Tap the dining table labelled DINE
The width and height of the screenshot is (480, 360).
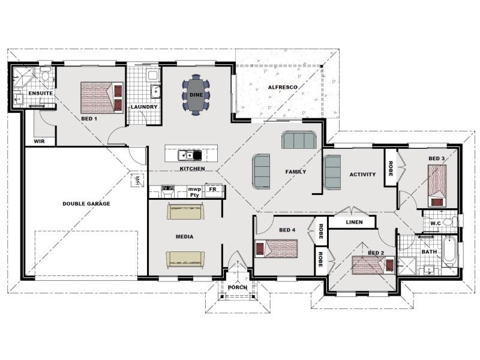pos(196,95)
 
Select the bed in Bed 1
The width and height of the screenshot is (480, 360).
pos(102,97)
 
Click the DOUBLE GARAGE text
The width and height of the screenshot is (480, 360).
pos(86,203)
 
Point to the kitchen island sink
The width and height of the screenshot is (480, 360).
pos(187,155)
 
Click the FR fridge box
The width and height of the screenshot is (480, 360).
pos(213,190)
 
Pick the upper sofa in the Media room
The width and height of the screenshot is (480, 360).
pos(186,212)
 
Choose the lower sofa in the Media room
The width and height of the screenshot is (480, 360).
pos(185,259)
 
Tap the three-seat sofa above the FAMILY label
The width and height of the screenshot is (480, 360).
pos(299,140)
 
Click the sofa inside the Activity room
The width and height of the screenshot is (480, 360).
pos(332,172)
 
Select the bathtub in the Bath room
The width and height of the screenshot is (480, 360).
pos(449,251)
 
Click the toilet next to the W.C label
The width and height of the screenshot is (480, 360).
pos(451,221)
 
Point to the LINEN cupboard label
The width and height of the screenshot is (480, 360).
pos(355,222)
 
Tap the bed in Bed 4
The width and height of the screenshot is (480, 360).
pos(277,248)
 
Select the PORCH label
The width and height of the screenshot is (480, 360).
pos(238,287)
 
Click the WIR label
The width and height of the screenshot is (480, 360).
pos(39,141)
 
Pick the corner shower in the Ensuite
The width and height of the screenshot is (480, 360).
pos(23,77)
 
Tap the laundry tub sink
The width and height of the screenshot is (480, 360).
pos(156,91)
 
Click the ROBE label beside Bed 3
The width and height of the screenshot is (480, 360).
pos(391,169)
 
